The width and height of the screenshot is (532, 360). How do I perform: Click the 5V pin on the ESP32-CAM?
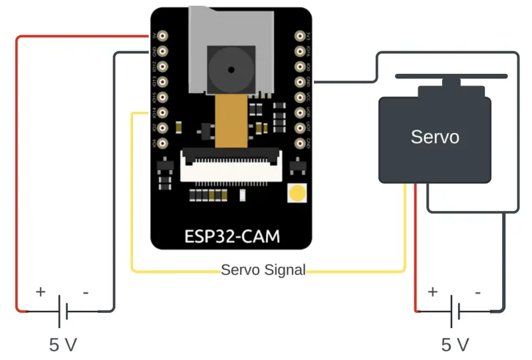(162, 35)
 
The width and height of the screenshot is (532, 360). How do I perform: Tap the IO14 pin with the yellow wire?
(162, 112)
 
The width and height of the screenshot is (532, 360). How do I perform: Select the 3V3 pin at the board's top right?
(301, 35)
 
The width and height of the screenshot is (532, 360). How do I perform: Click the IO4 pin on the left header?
(162, 143)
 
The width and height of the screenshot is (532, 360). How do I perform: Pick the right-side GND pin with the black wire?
(301, 82)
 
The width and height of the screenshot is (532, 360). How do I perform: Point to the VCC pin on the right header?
(301, 97)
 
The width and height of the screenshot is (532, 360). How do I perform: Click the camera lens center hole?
(231, 69)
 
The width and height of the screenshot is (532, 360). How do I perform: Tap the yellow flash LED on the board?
(297, 194)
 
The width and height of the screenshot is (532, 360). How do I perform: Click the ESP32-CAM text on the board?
(231, 236)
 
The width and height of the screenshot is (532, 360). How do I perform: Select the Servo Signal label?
(263, 270)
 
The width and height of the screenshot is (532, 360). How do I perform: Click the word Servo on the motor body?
(434, 138)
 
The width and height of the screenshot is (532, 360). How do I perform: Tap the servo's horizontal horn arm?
(452, 77)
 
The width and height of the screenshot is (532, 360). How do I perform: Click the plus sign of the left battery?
(41, 291)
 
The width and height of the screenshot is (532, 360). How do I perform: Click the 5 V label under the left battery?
(63, 345)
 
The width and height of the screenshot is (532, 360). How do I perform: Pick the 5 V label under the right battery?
(456, 345)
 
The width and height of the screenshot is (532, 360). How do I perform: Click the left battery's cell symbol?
(63, 310)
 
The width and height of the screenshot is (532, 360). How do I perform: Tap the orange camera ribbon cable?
(231, 120)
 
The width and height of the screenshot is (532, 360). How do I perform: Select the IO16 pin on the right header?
(301, 51)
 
